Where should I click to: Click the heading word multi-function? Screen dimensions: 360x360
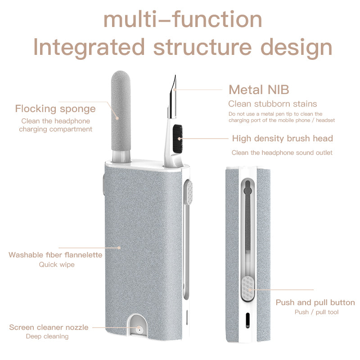182,19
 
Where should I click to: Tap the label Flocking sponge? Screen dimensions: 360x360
55,108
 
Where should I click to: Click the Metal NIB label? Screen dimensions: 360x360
259,89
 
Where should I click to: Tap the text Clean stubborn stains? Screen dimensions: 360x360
273,104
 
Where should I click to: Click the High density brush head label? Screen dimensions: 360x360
282,138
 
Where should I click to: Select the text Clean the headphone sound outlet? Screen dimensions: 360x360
282,153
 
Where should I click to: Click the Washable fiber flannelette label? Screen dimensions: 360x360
55,255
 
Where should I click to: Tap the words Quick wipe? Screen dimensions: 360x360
57,265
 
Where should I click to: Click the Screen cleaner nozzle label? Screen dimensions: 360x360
49,327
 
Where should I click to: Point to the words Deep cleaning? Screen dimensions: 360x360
47,336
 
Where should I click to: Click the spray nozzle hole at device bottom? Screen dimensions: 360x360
138,330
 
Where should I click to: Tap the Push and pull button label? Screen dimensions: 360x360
315,302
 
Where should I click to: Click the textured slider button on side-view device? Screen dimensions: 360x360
247,288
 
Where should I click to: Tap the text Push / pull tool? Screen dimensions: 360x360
316,312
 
